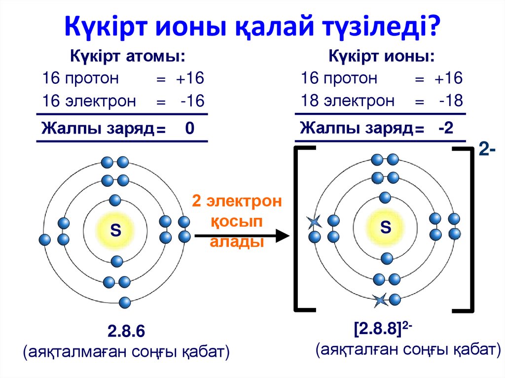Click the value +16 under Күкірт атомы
click(191, 78)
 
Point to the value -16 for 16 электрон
click(192, 102)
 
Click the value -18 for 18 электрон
click(451, 101)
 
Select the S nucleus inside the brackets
click(386, 227)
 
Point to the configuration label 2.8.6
click(126, 331)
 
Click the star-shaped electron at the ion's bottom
click(380, 299)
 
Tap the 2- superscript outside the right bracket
click(487, 151)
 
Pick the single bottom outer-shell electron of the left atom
click(125, 301)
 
